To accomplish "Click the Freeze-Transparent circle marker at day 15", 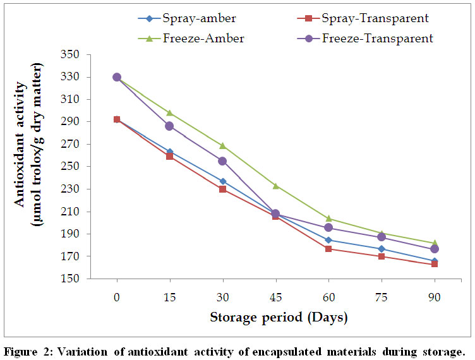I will click(169, 126).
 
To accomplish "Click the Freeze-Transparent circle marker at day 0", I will click(116, 77).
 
